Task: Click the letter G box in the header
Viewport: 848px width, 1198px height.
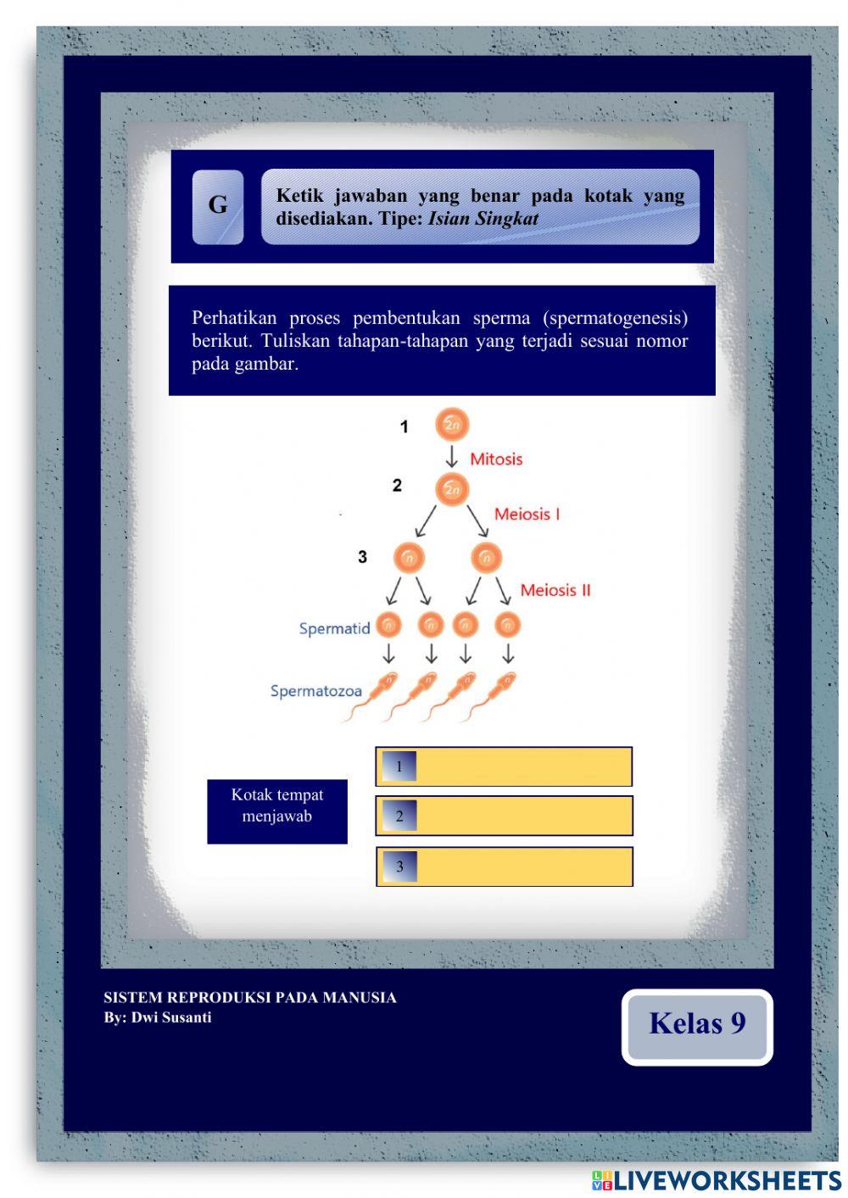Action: click(218, 207)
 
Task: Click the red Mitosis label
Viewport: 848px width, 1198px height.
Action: click(496, 460)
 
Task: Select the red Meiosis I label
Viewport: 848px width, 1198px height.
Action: click(527, 514)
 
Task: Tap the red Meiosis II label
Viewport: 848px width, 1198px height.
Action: click(555, 590)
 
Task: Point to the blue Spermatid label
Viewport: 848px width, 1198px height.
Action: click(334, 628)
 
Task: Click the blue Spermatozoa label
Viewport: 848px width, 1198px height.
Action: click(315, 691)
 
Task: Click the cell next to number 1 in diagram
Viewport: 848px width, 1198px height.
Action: click(452, 425)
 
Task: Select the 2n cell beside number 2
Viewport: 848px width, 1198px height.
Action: click(452, 489)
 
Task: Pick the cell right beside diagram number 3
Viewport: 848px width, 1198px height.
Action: click(409, 558)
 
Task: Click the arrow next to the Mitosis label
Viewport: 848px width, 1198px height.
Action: click(452, 457)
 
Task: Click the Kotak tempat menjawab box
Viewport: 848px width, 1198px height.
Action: click(277, 811)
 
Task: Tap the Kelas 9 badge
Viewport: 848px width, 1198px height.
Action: click(697, 1026)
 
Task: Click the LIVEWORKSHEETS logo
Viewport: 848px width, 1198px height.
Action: click(716, 1180)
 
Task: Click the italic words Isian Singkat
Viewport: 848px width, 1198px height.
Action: click(483, 219)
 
